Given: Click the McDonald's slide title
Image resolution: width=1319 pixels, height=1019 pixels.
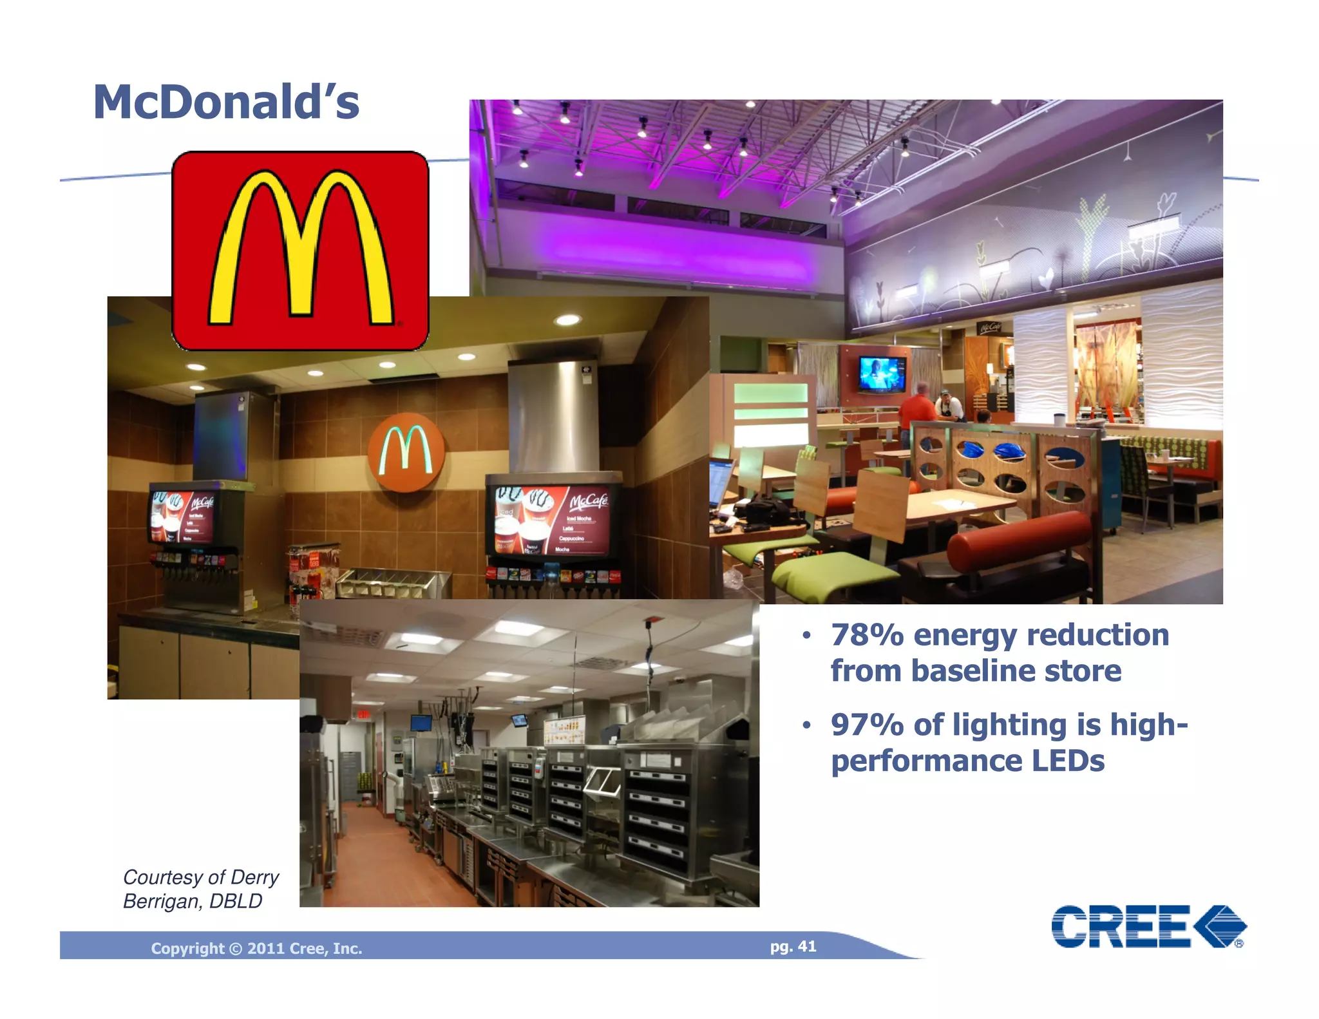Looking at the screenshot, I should (x=226, y=102).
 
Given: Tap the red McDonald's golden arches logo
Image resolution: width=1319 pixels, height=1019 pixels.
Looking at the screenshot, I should (x=300, y=251).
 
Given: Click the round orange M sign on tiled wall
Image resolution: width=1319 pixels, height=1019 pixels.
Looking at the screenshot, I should (x=406, y=452).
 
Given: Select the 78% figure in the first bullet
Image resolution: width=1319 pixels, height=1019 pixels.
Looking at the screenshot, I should (x=866, y=635).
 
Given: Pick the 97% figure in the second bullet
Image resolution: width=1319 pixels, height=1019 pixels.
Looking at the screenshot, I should (x=866, y=725).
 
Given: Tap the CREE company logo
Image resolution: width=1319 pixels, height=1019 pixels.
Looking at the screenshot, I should (x=1148, y=927).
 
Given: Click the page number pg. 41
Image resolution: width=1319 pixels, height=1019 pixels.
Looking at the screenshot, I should (x=793, y=946).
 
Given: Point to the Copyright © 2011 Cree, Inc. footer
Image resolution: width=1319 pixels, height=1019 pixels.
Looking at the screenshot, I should (x=256, y=948).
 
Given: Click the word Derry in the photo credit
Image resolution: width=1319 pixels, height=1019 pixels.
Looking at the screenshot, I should (x=254, y=877).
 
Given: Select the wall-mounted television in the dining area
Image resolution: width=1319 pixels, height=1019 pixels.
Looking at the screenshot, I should (x=882, y=374).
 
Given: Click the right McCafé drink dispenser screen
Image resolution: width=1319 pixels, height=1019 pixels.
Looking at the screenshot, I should (x=553, y=520).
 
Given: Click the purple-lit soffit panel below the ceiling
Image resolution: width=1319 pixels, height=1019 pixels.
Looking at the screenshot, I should (x=670, y=249).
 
